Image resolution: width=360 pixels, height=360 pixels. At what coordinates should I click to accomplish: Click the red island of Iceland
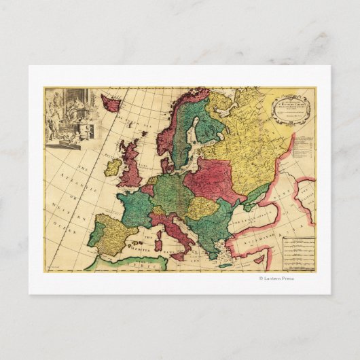111,104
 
